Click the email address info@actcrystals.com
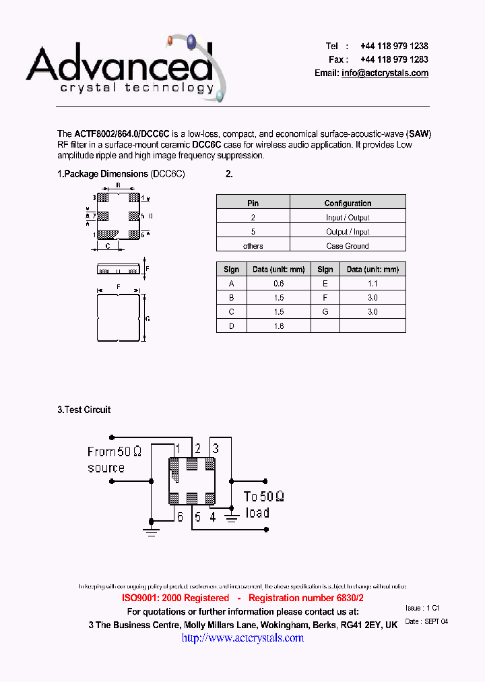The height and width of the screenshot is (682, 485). pos(385,73)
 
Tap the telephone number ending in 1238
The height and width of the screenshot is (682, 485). pos(394,46)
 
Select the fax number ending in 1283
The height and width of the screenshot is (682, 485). pos(394,60)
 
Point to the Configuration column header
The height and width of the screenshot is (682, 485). pos(348,203)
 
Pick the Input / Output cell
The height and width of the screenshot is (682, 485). pos(348,218)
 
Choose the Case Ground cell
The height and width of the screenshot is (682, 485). pos(348,246)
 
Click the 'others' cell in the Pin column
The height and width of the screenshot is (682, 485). pos(253,246)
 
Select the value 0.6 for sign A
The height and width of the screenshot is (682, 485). pos(279,284)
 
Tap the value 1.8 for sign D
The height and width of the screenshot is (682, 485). pos(279,326)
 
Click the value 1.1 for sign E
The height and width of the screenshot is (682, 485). pos(373,284)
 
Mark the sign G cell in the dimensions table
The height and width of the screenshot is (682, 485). pos(325,312)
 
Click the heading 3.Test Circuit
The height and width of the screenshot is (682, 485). pos(84,410)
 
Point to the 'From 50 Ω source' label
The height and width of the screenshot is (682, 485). pos(113,460)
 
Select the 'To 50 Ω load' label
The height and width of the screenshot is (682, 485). pos(263,504)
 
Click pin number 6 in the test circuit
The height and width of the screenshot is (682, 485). pos(180,517)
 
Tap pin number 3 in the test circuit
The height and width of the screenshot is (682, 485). pos(216,448)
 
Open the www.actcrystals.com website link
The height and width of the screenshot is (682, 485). pos(243,638)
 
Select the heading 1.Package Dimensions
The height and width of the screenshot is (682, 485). pos(102,174)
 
